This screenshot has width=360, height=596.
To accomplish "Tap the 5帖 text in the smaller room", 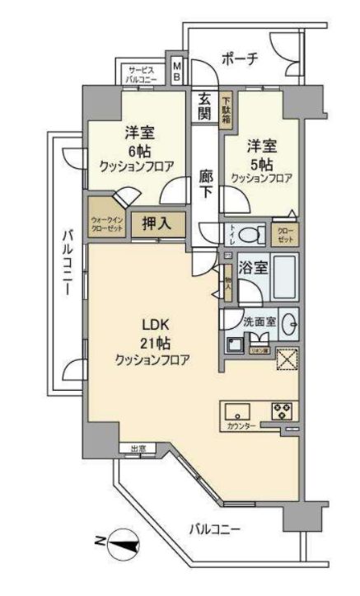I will [x=258, y=163].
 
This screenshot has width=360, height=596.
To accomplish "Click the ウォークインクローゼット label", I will [x=108, y=223].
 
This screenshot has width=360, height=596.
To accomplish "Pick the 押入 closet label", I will [x=158, y=223].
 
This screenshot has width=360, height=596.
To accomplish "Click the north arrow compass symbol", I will [x=117, y=542].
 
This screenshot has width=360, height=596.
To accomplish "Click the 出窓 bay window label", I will [x=137, y=448].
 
